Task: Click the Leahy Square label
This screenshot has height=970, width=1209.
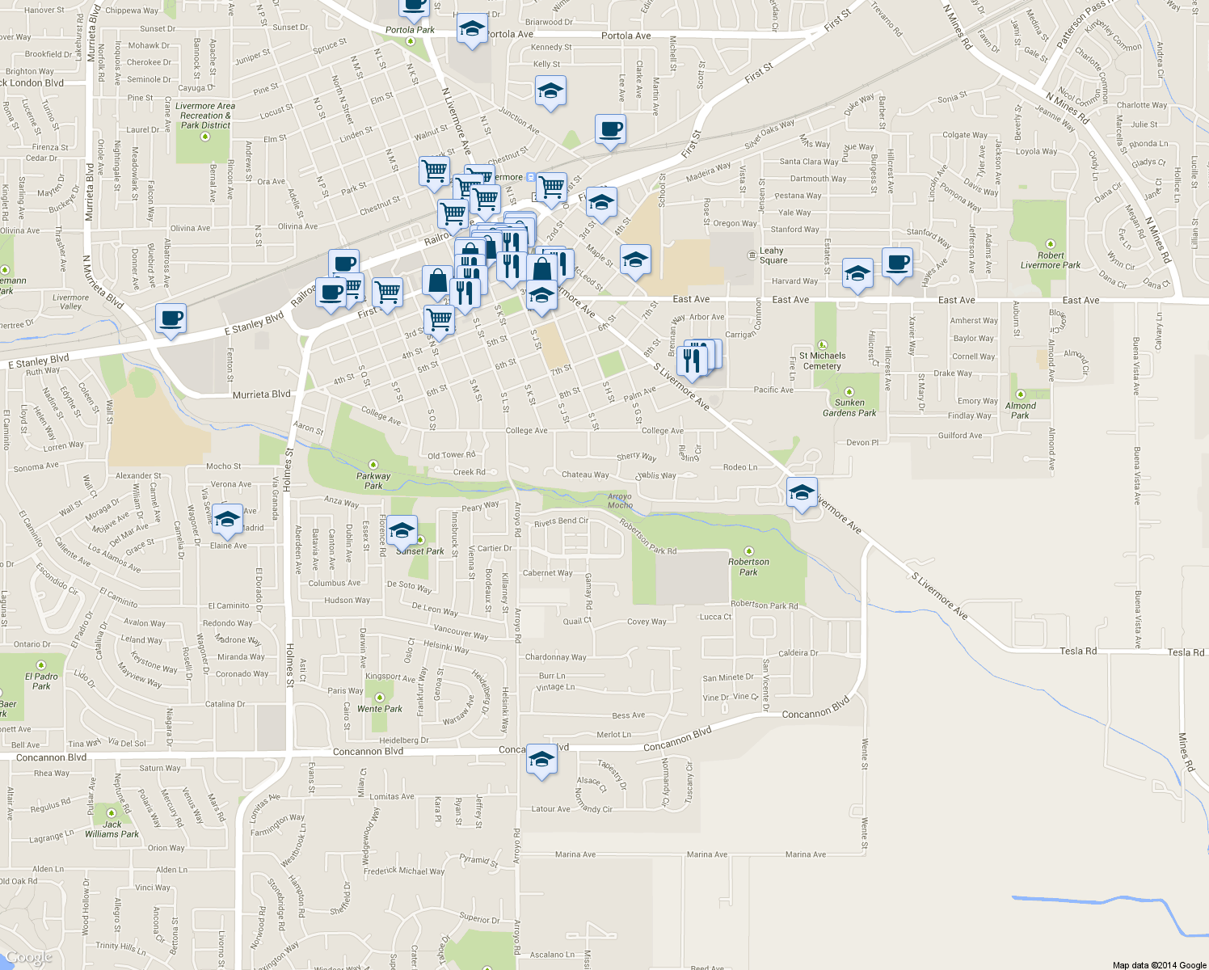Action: point(773,255)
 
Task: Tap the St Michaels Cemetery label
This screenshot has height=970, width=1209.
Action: point(822,361)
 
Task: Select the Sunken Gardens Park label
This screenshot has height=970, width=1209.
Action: point(849,407)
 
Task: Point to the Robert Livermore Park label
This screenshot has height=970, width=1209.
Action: point(1050,259)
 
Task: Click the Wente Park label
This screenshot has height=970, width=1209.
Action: point(380,709)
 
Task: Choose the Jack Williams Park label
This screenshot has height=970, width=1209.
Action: point(112,829)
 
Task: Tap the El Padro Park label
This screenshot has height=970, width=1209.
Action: point(41,681)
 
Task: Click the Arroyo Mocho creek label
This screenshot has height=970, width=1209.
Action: point(620,501)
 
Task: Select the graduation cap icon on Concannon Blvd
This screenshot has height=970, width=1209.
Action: point(541,760)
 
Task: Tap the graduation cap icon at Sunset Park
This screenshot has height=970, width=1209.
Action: point(402,531)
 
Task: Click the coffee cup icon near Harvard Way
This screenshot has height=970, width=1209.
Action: point(897,263)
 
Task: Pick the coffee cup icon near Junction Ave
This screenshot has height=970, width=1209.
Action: point(610,129)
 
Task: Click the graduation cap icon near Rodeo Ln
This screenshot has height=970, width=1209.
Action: point(801,492)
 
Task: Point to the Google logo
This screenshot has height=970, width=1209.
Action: point(29,958)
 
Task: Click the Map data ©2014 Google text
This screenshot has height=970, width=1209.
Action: point(1159,965)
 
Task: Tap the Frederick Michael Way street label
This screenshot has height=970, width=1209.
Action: point(403,871)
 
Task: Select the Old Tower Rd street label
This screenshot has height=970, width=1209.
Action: point(451,455)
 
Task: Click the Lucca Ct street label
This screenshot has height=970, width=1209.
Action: point(715,617)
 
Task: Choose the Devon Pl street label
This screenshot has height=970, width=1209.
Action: point(862,443)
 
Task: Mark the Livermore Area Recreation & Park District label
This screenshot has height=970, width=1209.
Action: point(205,116)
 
